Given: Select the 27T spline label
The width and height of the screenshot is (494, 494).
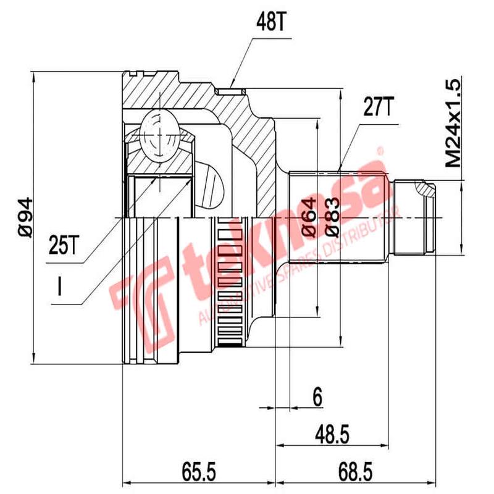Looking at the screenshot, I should (377, 108).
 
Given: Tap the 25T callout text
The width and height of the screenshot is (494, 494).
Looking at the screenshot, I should (64, 246).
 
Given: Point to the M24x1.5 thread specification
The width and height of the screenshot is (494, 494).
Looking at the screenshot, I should (454, 124).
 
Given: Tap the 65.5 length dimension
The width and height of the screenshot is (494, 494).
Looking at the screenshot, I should (199, 473).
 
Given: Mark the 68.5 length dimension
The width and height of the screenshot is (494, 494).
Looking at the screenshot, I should (356, 473).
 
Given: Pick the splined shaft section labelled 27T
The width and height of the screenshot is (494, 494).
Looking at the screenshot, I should (340, 216).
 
